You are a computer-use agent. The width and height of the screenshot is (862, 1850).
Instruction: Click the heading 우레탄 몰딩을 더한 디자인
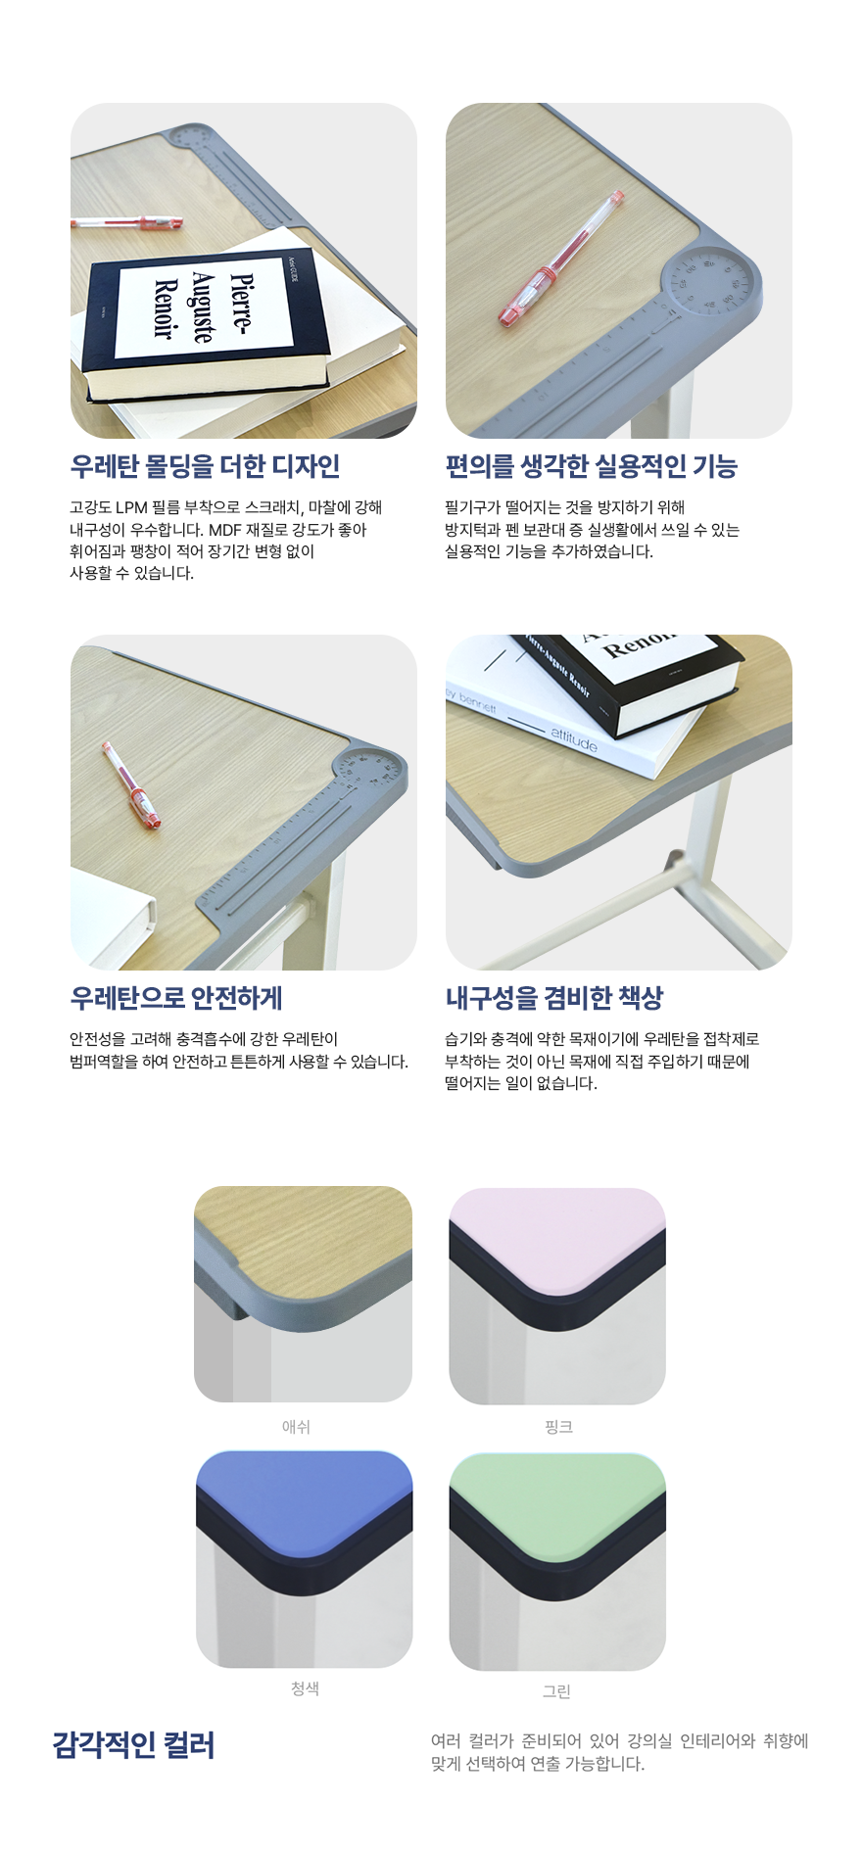click(x=205, y=466)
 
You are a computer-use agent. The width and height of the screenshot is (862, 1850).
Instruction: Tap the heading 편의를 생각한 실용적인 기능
click(x=591, y=466)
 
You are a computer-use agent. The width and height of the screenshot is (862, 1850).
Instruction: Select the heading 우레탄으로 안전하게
click(x=176, y=998)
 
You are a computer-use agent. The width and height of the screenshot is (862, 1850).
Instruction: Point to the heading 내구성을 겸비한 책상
click(x=554, y=998)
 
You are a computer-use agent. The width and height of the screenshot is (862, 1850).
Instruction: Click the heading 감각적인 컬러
click(x=133, y=1744)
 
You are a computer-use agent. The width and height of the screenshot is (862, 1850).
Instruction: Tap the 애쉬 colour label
click(x=296, y=1427)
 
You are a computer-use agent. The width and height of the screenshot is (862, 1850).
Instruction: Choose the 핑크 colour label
click(x=558, y=1427)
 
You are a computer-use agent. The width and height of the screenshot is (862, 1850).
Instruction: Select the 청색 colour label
click(x=305, y=1688)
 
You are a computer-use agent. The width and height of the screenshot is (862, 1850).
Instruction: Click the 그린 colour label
click(x=556, y=1691)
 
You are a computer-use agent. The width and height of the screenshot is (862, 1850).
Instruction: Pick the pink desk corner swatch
click(x=557, y=1296)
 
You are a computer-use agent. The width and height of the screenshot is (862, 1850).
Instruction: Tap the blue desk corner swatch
click(x=305, y=1559)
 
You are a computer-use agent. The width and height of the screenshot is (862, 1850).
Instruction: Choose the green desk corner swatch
click(x=557, y=1562)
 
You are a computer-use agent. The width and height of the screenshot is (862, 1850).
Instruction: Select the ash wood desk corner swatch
click(x=303, y=1294)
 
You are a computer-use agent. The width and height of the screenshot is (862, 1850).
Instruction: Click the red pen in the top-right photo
click(x=561, y=260)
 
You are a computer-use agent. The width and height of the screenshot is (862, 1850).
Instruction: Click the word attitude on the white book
click(x=574, y=740)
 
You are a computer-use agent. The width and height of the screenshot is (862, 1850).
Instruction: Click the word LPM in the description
click(x=131, y=507)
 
